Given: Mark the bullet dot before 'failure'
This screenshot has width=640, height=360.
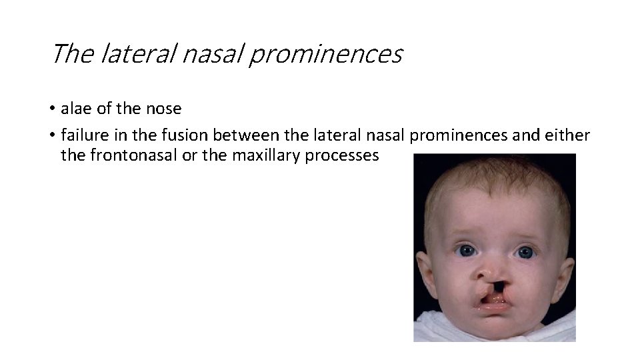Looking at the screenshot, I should coord(52,136).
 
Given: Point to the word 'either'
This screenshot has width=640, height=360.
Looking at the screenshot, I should coord(568,135).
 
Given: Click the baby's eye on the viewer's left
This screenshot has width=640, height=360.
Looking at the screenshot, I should coord(465,251).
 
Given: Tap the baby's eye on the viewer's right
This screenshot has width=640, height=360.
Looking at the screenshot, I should coord(525,253).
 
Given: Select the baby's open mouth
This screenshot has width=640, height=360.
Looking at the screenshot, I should coord(491,303).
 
